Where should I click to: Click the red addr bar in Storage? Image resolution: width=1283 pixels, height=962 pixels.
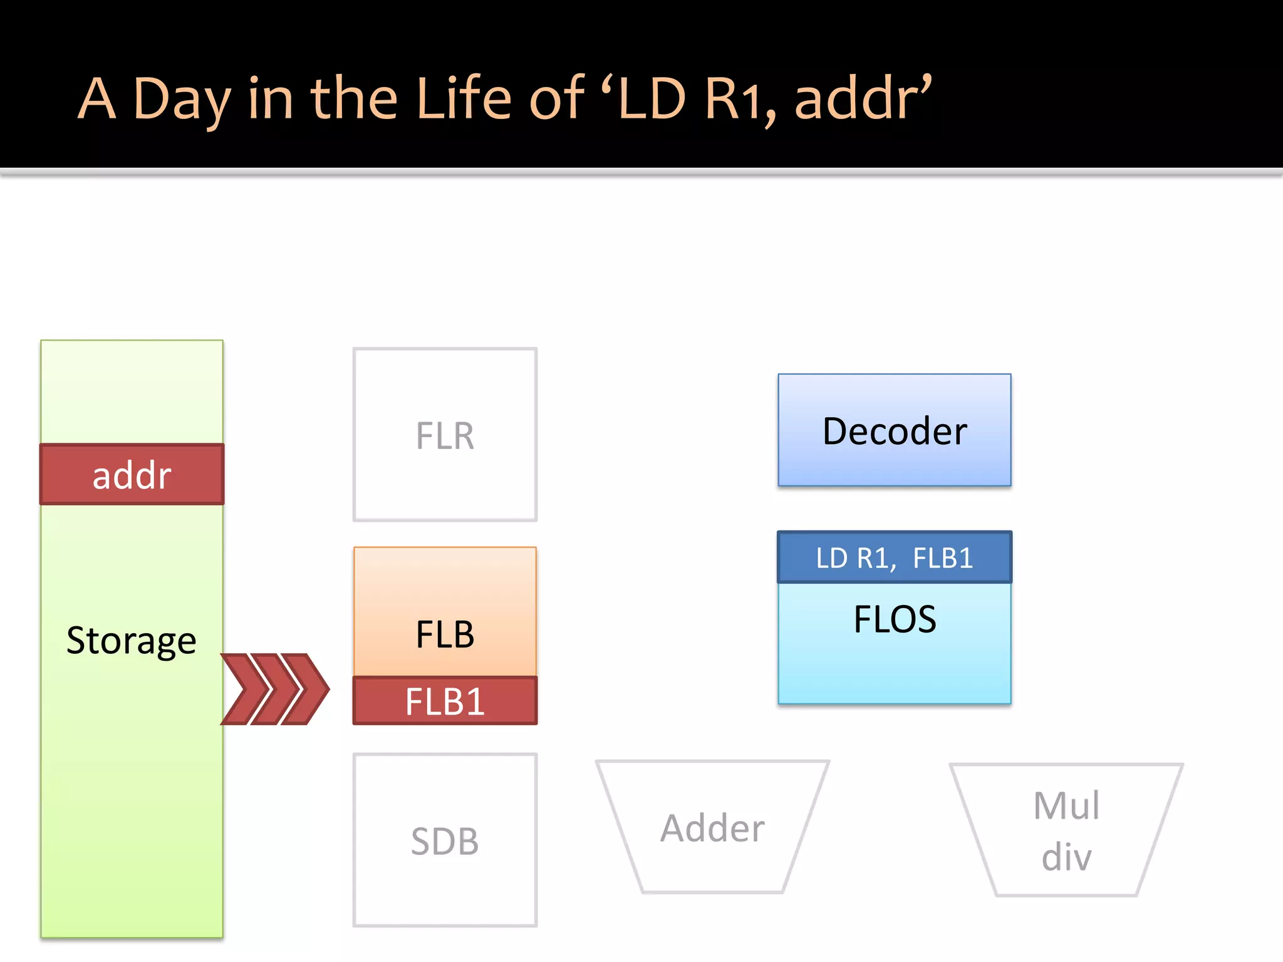[x=132, y=475]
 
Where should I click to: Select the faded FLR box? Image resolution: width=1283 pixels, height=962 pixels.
[x=445, y=435]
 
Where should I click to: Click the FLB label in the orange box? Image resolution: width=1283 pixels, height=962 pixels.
[x=445, y=634]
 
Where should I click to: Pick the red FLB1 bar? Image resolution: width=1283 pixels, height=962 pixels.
[x=445, y=701]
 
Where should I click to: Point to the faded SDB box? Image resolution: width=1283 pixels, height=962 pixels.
[x=445, y=840]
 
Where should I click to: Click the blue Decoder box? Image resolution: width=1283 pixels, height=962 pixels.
[x=894, y=430]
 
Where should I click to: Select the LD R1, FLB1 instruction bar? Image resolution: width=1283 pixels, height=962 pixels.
[x=894, y=557]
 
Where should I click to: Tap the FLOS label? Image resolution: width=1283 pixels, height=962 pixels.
[x=894, y=619]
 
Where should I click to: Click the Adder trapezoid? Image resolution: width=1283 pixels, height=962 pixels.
[x=712, y=828]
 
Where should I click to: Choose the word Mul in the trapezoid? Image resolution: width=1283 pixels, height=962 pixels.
[x=1066, y=805]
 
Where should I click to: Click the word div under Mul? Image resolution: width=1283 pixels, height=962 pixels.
[x=1066, y=856]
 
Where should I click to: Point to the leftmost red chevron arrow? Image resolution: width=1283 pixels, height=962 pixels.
[x=245, y=689]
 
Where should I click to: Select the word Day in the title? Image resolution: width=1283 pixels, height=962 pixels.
[x=182, y=100]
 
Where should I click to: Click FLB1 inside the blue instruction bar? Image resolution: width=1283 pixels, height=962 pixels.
[x=943, y=557]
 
